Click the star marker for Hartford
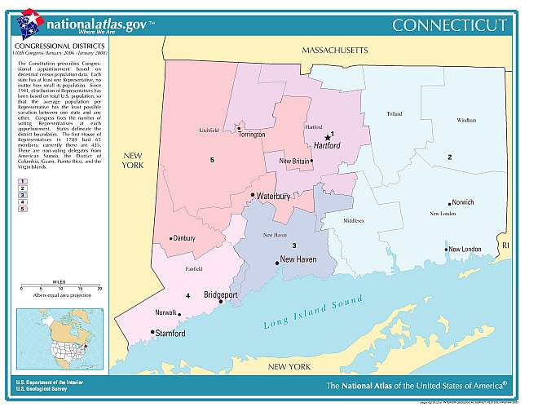coord(328,138)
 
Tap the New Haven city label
coord(298,260)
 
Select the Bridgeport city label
coord(220,294)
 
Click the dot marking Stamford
coord(152,332)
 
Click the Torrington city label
coord(252,134)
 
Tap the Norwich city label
coord(462,202)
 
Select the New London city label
coord(465,249)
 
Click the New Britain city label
coord(294,162)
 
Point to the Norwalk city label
coord(166,312)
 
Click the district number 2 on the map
coord(448,157)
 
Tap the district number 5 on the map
coord(212,160)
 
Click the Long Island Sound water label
coord(313,313)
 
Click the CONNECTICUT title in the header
coord(449,25)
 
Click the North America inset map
coord(60,339)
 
